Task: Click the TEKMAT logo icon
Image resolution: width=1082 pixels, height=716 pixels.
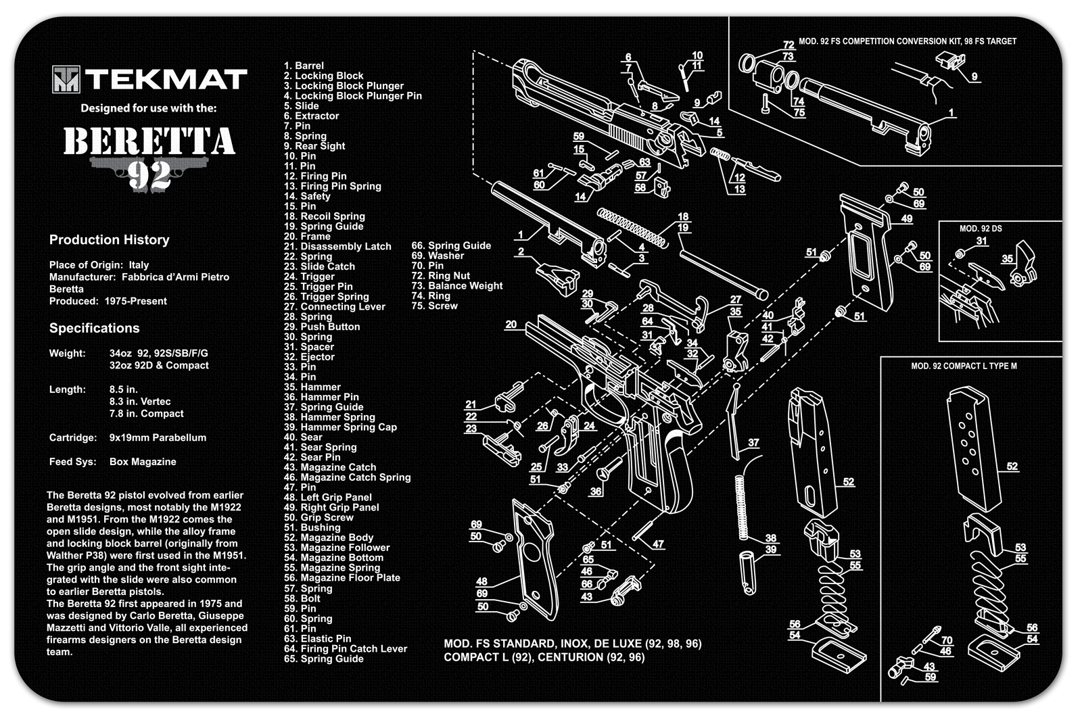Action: (66, 80)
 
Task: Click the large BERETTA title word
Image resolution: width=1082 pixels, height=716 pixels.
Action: (149, 143)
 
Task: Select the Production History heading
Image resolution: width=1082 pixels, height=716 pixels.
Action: (109, 240)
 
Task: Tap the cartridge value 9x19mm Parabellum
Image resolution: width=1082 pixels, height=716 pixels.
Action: (158, 437)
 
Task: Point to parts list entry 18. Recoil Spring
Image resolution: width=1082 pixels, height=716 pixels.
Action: (324, 216)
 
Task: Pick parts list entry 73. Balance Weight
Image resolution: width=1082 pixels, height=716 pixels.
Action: (456, 286)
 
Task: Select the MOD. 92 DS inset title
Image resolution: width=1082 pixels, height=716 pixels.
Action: (980, 229)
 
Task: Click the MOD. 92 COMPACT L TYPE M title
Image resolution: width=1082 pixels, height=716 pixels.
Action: (964, 366)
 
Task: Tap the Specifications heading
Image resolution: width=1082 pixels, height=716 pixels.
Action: (94, 329)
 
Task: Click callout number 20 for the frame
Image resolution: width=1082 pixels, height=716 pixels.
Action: (511, 325)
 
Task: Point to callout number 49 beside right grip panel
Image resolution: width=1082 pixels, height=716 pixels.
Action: (906, 219)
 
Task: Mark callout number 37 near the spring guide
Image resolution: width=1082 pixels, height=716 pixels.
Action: (753, 443)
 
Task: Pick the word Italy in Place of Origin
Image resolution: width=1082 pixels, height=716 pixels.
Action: (139, 265)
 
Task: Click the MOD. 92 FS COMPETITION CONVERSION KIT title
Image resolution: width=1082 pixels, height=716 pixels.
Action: (908, 41)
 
